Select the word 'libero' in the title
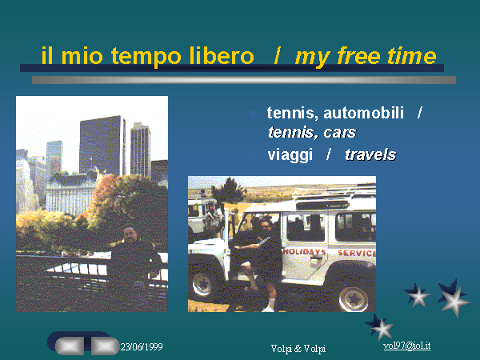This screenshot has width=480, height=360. pos(222,55)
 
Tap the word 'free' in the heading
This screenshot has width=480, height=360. pos(358,55)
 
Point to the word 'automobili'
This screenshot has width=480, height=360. pos(364,113)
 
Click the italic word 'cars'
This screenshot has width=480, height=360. pos(340,133)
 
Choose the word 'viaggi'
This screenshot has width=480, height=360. pos(290,155)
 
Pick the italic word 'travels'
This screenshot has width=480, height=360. pos(370,154)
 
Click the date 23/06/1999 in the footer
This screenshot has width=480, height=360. pos(142,347)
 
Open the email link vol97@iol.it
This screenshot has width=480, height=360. pos(407,346)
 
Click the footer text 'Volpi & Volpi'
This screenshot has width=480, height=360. pos(298,348)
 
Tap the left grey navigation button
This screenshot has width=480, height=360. pos(70,346)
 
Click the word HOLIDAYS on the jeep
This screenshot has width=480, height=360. pos(304,252)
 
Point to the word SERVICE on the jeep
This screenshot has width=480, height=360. pos(357,253)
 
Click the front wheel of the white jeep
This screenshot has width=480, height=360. pos(202,283)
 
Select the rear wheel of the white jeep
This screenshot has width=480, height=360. pos(354,298)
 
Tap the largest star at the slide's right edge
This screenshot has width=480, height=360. pos(454,298)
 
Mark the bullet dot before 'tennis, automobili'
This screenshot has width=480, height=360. pos(253,114)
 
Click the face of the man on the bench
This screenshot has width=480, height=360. pos(130,234)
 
